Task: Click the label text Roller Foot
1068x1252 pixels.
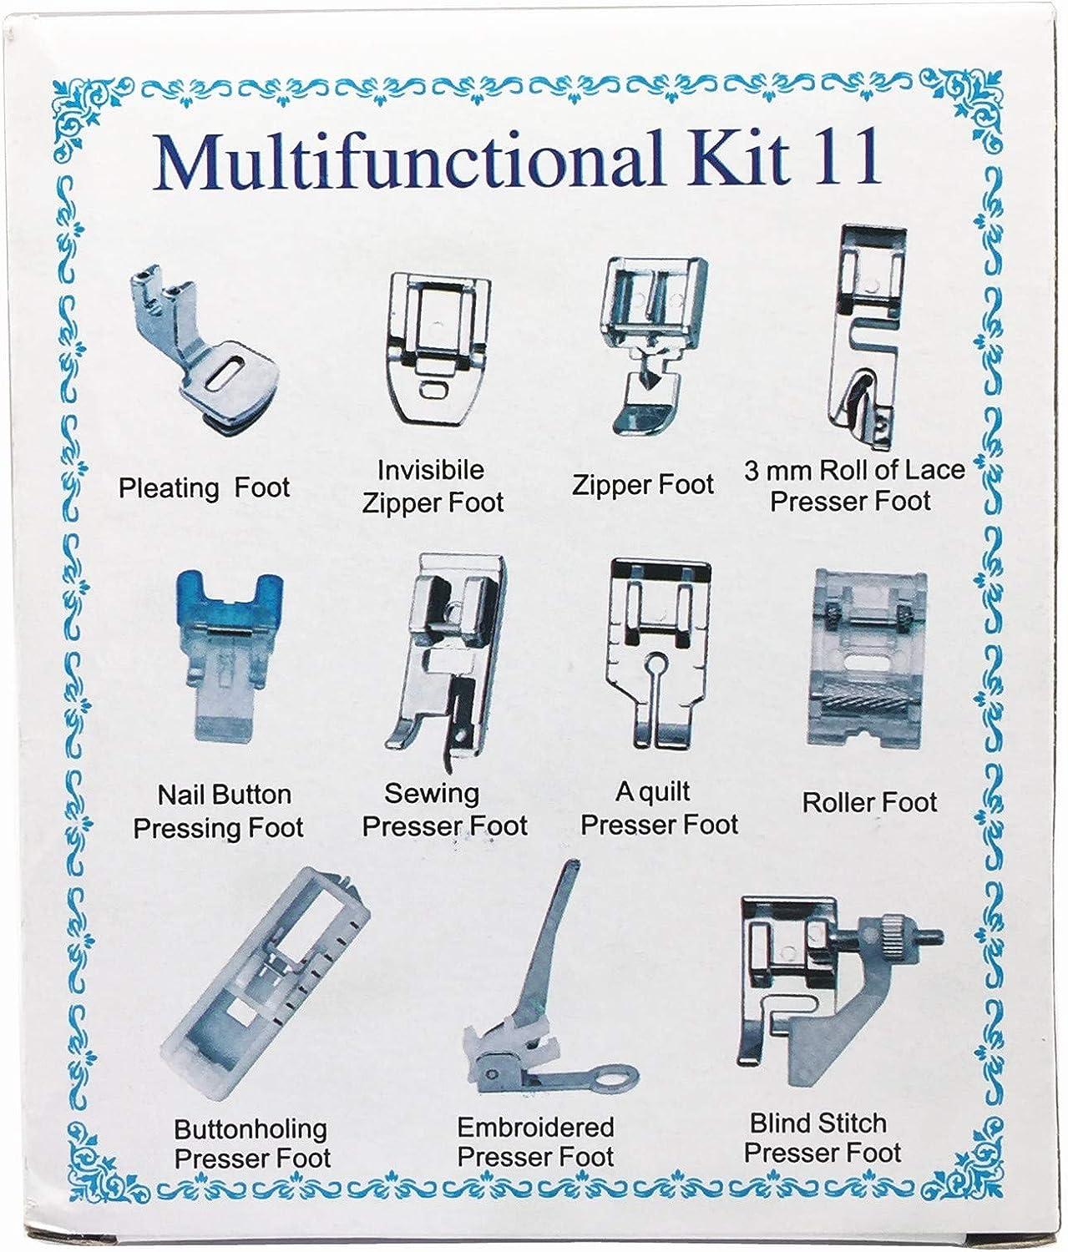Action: (x=869, y=803)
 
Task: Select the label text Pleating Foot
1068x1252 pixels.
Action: (x=205, y=488)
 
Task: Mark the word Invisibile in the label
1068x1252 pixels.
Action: (x=430, y=469)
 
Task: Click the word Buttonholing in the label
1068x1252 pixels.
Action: (x=251, y=1129)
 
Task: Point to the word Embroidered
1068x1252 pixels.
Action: (x=536, y=1128)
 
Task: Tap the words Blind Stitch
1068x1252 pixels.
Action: (x=818, y=1123)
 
